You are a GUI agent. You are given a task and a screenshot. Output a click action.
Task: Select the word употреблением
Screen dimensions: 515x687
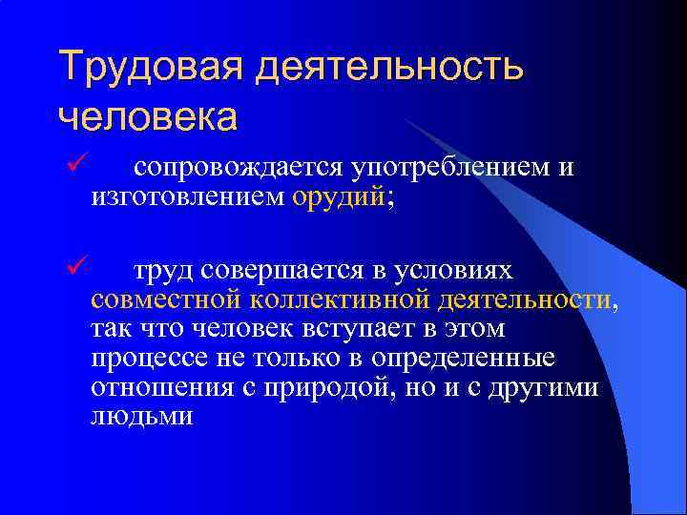(448, 169)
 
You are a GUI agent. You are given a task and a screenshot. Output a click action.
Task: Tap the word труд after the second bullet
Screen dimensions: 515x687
(164, 273)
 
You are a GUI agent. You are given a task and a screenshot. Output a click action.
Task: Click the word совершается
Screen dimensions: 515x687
(279, 273)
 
